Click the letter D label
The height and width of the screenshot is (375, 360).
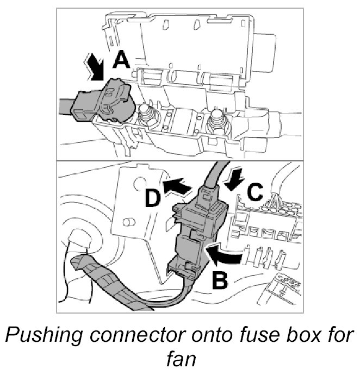click(154, 199)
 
